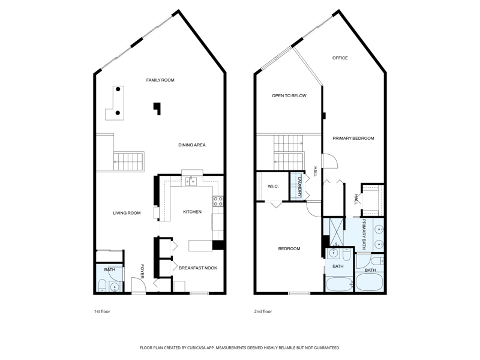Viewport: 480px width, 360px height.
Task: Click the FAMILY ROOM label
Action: coord(160,80)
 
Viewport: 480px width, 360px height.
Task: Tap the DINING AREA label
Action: coord(192,145)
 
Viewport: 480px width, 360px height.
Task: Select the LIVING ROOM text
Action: coord(127,213)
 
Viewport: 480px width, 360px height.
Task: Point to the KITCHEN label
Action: coord(192,212)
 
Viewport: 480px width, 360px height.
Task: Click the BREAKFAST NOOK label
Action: coord(198,268)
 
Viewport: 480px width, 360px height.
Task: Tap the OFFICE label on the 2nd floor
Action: coord(340,58)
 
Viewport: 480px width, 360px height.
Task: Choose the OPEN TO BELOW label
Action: coord(289,96)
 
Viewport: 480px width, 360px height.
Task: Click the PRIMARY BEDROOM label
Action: coord(353,139)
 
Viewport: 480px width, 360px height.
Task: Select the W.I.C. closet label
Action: coord(273,187)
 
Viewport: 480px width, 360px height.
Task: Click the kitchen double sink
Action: coord(191,182)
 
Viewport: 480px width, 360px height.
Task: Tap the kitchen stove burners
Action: coord(218,201)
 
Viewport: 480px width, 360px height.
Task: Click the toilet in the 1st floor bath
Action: coord(101,286)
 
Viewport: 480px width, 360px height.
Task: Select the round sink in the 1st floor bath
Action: coord(115,287)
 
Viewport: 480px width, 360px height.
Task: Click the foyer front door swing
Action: coord(139,284)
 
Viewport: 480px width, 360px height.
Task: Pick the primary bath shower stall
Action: coord(337,232)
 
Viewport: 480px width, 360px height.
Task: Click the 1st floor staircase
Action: coord(128,161)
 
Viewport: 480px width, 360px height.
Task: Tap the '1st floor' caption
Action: coord(102,311)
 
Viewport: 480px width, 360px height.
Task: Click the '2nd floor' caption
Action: coord(263,311)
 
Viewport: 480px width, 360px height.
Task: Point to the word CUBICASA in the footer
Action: coord(199,348)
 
